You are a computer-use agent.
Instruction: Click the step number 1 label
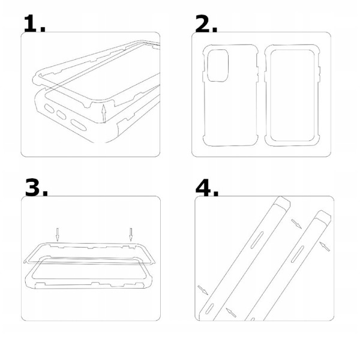(34, 23)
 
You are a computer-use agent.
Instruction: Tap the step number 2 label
(206, 23)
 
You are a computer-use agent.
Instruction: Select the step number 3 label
(36, 187)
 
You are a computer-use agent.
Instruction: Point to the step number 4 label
(207, 187)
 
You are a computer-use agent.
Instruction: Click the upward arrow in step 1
(104, 113)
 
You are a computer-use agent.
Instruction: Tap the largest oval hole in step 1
(79, 125)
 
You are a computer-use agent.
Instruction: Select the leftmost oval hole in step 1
(49, 109)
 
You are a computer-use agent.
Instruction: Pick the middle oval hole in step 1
(61, 115)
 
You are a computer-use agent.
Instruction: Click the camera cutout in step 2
(218, 65)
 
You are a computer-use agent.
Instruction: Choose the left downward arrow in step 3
(58, 235)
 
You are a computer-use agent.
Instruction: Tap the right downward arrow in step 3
(131, 235)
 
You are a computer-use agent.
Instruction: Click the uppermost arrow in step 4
(296, 224)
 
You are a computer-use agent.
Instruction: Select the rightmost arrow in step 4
(325, 247)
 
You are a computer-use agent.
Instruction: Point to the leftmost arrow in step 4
(203, 290)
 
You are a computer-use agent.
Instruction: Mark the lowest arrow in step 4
(231, 313)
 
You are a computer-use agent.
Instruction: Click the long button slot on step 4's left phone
(257, 240)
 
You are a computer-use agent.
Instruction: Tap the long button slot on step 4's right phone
(298, 254)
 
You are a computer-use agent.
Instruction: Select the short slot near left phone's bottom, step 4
(209, 309)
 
